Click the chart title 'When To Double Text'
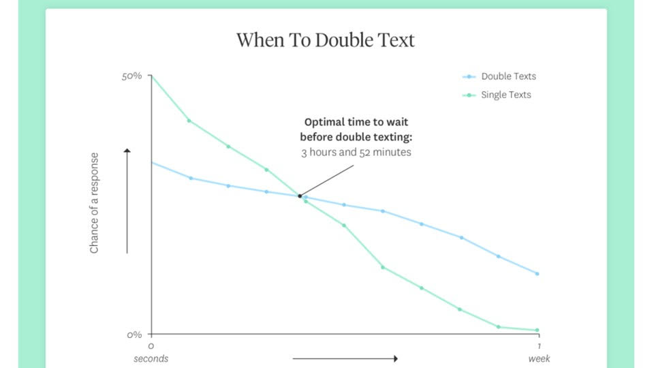tap(326, 40)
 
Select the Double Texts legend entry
tap(499, 76)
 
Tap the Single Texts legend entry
tap(497, 95)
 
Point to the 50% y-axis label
tap(131, 76)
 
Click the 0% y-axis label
tap(134, 335)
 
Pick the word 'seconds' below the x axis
tap(151, 359)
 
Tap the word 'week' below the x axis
tap(540, 359)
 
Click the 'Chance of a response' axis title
tap(94, 203)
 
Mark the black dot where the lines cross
tap(300, 196)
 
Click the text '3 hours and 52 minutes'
tap(356, 152)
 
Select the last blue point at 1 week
tap(538, 274)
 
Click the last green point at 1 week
tap(538, 330)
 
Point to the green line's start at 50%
tap(151, 76)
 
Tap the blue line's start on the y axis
tap(151, 162)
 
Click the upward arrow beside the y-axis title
tap(127, 200)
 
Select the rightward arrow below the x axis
tap(345, 358)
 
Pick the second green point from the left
tap(189, 121)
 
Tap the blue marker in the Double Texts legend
tap(469, 77)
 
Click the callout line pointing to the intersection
tap(326, 181)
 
